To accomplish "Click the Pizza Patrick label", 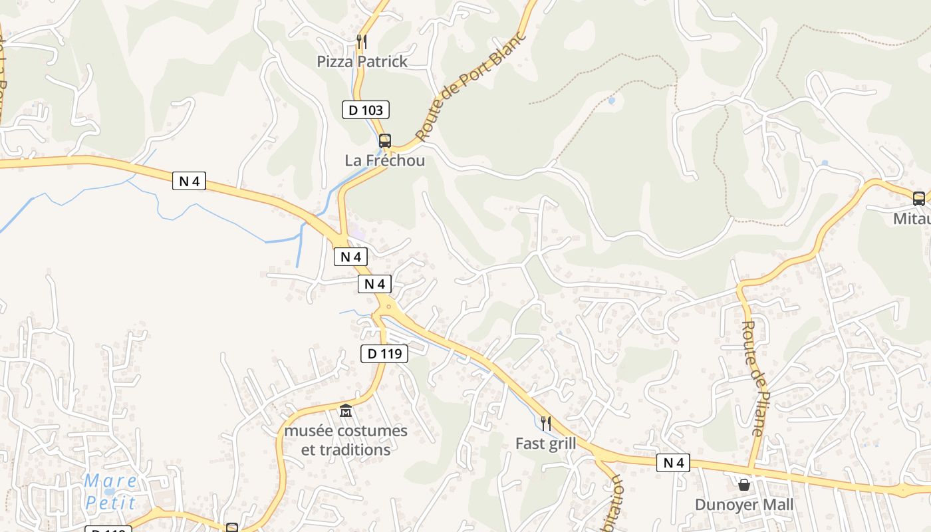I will (x=362, y=61).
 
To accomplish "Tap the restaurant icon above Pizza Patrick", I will (x=362, y=42).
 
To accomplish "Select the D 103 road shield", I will (x=366, y=110).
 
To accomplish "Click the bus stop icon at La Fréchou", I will (x=385, y=140).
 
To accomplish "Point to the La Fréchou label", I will (x=384, y=160).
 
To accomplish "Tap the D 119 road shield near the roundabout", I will (x=384, y=354).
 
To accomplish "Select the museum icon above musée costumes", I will (x=346, y=411).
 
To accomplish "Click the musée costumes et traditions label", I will (x=346, y=440).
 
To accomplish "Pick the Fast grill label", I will (x=546, y=443).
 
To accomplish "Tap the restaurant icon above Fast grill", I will (x=545, y=423).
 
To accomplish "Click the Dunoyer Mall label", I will (x=744, y=505).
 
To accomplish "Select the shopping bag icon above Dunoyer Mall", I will (x=744, y=485).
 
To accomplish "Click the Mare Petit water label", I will (x=110, y=492).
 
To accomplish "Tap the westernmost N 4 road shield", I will (x=189, y=180).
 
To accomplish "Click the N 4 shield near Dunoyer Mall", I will (x=673, y=463).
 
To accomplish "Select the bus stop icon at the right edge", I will (x=918, y=198).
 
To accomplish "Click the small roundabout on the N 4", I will (x=388, y=307).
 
